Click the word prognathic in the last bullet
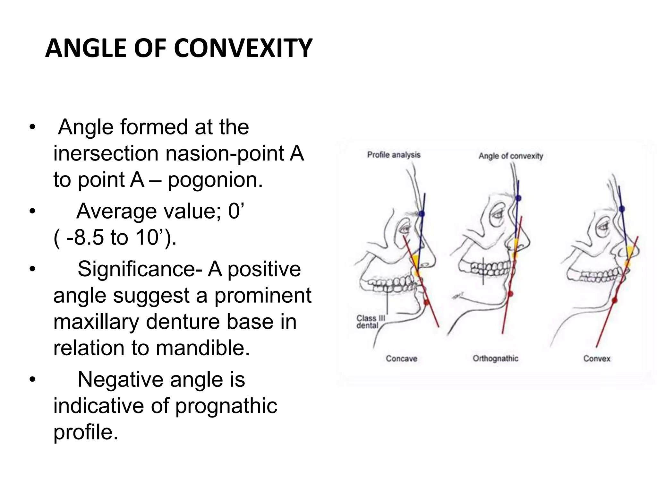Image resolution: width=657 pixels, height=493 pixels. pos(226,406)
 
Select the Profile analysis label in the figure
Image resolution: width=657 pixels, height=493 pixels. pos(393,155)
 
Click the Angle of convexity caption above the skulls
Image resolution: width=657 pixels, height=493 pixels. pos(511,156)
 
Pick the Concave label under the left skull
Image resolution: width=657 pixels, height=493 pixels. pos(401,359)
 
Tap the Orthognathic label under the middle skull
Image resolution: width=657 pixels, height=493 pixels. pos(495,359)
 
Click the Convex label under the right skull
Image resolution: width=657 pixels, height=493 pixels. pos(596,359)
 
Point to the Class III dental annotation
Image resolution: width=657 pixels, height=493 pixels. pos(370,322)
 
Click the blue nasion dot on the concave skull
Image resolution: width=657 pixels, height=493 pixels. pos(422,213)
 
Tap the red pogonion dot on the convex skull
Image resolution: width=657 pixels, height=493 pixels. pos(614,300)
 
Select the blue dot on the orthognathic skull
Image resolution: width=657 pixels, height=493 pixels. pos(518,198)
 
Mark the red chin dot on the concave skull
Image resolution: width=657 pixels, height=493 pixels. pos(426,302)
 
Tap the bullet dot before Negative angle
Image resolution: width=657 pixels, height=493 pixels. pos(32,380)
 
